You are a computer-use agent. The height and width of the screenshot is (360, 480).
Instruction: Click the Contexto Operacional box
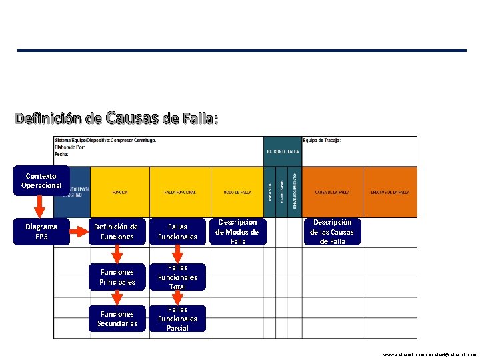(41, 181)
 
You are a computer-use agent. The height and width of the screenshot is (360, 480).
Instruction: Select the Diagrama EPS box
(41, 231)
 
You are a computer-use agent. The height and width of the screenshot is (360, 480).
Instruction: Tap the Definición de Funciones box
(116, 231)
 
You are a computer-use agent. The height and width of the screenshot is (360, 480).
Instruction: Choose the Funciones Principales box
(116, 277)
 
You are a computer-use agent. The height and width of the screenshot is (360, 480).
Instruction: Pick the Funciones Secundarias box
(116, 319)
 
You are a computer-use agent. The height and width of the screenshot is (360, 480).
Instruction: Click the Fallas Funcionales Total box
(177, 277)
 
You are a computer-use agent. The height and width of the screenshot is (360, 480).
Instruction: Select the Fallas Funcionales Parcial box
(177, 319)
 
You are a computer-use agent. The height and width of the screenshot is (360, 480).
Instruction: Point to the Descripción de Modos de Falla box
(238, 231)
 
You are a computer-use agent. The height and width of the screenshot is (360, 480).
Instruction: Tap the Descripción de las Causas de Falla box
(332, 231)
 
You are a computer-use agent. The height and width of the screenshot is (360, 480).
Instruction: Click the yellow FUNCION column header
(120, 192)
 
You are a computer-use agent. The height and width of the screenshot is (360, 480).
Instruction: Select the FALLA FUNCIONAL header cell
(180, 192)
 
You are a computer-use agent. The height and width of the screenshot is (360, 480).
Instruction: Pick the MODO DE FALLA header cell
(237, 192)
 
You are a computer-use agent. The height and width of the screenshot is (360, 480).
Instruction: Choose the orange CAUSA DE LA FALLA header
(333, 192)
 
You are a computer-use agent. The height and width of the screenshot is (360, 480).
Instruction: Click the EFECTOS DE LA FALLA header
(390, 192)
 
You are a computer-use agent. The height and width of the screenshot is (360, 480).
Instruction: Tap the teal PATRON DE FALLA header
(283, 151)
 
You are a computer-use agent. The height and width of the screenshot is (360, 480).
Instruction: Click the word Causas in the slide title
(132, 118)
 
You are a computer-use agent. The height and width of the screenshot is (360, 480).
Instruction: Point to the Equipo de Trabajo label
(322, 141)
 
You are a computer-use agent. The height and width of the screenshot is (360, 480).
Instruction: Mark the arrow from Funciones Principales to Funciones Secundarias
(117, 297)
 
